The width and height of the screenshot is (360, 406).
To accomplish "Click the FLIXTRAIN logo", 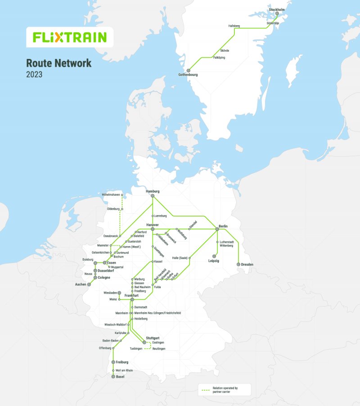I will pyautogui.click(x=70, y=37).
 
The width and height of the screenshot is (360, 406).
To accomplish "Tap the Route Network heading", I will pyautogui.click(x=58, y=63).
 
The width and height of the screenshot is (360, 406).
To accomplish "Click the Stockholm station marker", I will pyautogui.click(x=277, y=14).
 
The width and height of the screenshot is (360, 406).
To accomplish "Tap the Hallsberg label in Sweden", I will pyautogui.click(x=234, y=26).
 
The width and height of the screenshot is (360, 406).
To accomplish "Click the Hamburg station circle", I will pyautogui.click(x=153, y=196).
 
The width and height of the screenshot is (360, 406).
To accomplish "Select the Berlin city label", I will pyautogui.click(x=223, y=226).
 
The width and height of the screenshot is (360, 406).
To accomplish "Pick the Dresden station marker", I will pyautogui.click(x=238, y=264).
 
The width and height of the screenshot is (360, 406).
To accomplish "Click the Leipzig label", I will pyautogui.click(x=214, y=261).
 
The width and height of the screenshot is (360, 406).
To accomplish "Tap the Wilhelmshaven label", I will pyautogui.click(x=111, y=194).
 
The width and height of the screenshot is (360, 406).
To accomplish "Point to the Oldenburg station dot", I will pyautogui.click(x=122, y=209).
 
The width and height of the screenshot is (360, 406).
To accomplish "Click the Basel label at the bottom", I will pyautogui.click(x=120, y=377).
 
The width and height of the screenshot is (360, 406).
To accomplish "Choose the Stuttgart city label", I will pyautogui.click(x=153, y=338).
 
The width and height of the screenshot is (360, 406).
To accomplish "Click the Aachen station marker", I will pyautogui.click(x=89, y=284).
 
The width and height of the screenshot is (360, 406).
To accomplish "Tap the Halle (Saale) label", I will pyautogui.click(x=180, y=258).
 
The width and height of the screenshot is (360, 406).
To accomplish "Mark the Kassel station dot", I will pyautogui.click(x=153, y=262).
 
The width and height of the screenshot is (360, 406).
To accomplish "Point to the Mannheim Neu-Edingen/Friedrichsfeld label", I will pyautogui.click(x=157, y=312).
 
